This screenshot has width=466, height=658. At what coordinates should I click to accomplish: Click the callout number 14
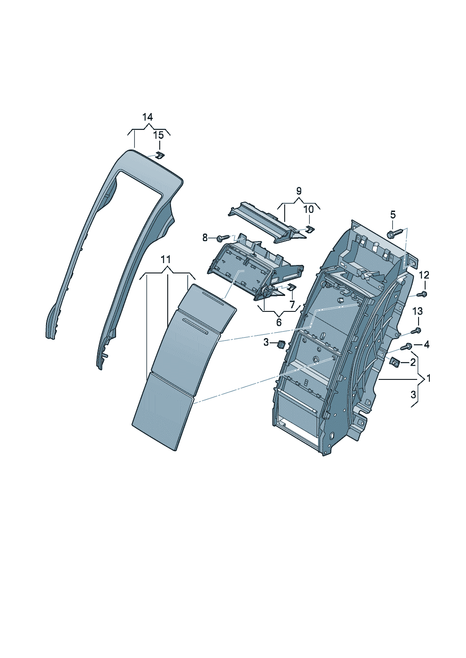[148, 118]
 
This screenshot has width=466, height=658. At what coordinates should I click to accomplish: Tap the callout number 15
[158, 135]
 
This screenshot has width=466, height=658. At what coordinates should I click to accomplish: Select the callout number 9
[299, 191]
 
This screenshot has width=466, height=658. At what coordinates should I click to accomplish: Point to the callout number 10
[309, 210]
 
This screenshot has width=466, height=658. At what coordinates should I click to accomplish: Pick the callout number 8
[205, 237]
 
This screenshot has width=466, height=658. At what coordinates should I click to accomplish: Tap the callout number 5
[393, 215]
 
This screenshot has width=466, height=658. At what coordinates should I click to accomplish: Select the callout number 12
[424, 275]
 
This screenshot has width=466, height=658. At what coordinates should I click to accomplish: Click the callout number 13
[418, 311]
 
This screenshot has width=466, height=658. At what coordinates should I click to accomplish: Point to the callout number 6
[279, 322]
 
